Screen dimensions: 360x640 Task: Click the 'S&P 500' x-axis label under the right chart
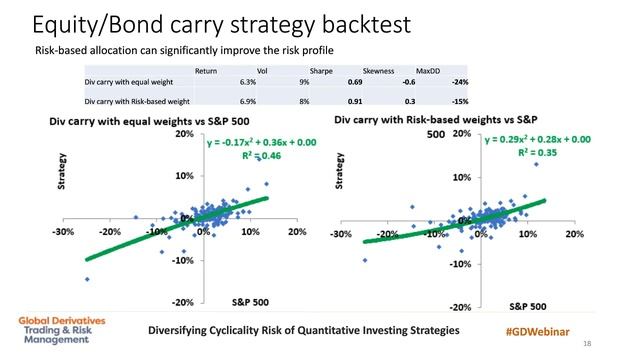coord(527,304)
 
